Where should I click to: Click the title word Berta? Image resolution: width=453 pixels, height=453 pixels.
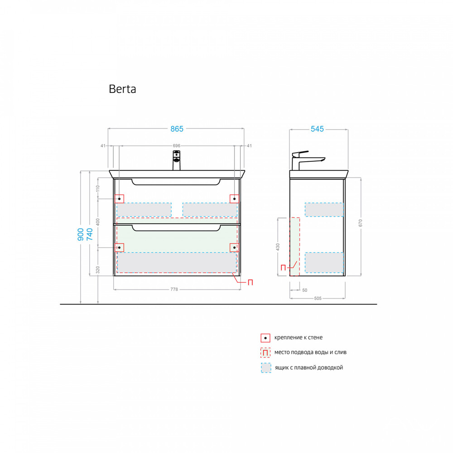pyautogui.click(x=122, y=89)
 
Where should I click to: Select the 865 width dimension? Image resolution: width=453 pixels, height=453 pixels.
pyautogui.click(x=177, y=129)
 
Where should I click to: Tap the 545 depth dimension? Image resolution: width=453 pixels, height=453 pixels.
pyautogui.click(x=317, y=129)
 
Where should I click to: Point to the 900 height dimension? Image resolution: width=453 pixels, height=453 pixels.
pyautogui.click(x=80, y=234)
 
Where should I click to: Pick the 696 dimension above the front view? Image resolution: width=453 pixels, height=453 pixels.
pyautogui.click(x=177, y=145)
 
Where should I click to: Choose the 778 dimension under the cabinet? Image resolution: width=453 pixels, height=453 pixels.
pyautogui.click(x=173, y=289)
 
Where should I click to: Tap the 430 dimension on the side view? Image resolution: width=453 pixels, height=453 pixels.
pyautogui.click(x=278, y=247)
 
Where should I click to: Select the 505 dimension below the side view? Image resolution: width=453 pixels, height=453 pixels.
pyautogui.click(x=317, y=298)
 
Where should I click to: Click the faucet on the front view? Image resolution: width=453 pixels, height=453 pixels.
pyautogui.click(x=176, y=161)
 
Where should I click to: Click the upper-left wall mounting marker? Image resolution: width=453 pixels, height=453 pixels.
pyautogui.click(x=120, y=198)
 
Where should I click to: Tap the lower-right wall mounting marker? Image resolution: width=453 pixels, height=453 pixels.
pyautogui.click(x=234, y=247)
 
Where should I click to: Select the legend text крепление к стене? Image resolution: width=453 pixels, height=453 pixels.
pyautogui.click(x=299, y=337)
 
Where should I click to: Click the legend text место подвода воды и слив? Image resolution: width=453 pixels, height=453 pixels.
pyautogui.click(x=310, y=352)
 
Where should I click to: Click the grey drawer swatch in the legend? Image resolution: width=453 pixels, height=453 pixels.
pyautogui.click(x=266, y=367)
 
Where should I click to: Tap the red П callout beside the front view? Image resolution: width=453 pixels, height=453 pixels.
pyautogui.click(x=250, y=282)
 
